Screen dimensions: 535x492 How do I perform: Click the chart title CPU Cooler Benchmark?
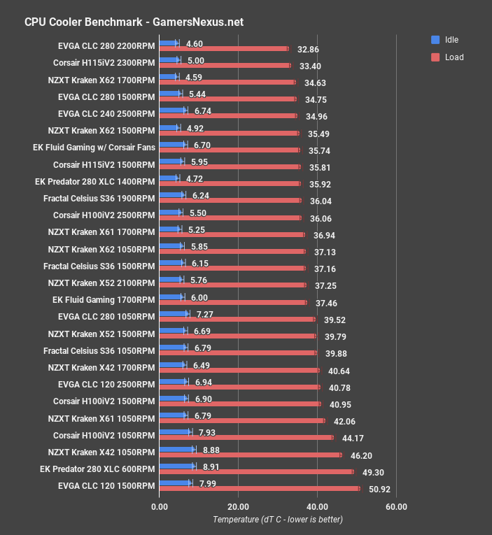coord(134,22)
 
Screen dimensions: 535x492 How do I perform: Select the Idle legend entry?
coord(451,40)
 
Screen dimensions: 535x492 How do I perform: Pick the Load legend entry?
coord(454,57)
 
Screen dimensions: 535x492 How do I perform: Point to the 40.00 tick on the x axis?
coord(317,506)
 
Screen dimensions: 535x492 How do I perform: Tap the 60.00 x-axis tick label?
coord(395,506)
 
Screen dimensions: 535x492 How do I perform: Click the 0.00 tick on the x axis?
coord(160,506)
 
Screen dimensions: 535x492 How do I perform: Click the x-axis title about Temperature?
coord(278,520)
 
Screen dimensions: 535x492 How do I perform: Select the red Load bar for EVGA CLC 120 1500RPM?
coord(260,489)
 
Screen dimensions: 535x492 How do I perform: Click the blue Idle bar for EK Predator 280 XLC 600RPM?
coord(177,466)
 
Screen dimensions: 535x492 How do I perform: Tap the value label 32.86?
coord(308,50)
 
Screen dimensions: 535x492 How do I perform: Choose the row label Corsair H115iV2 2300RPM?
coord(104,62)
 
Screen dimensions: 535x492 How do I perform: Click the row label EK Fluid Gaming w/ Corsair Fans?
coord(94,147)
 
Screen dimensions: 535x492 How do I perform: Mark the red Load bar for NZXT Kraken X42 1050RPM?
coord(251,455)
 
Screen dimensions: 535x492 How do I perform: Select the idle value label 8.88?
coord(211,450)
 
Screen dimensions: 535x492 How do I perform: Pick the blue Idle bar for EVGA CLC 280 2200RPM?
coord(169,43)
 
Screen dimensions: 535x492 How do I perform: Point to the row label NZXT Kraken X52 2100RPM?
coord(101,283)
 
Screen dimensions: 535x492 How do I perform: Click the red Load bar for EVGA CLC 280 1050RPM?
coord(237,320)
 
